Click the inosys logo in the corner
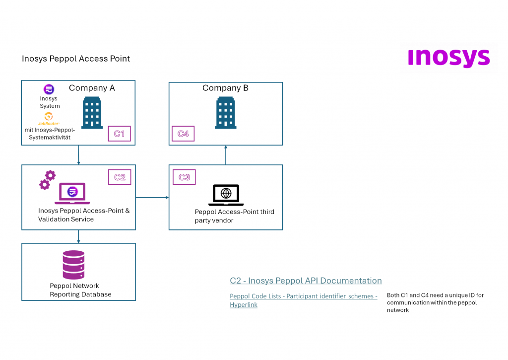click(x=448, y=58)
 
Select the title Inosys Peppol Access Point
click(x=76, y=59)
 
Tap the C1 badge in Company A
click(x=120, y=134)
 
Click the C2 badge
click(x=120, y=177)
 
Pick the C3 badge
click(x=184, y=177)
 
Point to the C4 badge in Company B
click(x=183, y=134)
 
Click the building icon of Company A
click(x=92, y=113)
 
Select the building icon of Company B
click(x=226, y=113)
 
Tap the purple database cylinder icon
click(x=73, y=265)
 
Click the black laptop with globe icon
click(x=226, y=195)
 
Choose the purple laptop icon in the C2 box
click(x=72, y=193)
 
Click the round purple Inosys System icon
click(x=49, y=89)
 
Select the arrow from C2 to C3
click(x=152, y=198)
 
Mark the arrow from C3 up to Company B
click(x=226, y=155)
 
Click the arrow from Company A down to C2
click(x=78, y=155)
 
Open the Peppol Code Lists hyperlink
click(x=303, y=300)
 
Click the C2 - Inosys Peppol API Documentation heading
click(x=306, y=281)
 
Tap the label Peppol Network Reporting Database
click(x=80, y=290)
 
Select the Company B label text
click(x=225, y=88)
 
